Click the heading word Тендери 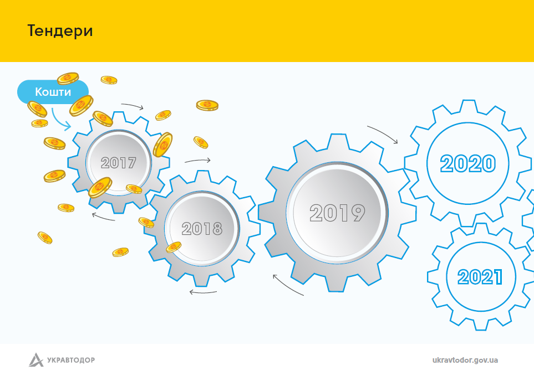(x=60, y=31)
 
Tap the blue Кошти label (x=53, y=92)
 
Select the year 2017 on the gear (x=119, y=163)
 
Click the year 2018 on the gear (x=202, y=229)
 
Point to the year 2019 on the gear (x=337, y=213)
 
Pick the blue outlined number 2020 (x=468, y=163)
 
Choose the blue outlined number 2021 (x=480, y=277)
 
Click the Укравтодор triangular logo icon (x=36, y=360)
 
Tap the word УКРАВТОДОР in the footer (x=71, y=360)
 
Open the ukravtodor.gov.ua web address (x=465, y=360)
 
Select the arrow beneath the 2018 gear (x=203, y=292)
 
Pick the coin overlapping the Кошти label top (x=68, y=79)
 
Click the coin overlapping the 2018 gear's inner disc (x=174, y=247)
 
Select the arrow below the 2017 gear (x=103, y=217)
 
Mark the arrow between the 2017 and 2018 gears (x=197, y=161)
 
